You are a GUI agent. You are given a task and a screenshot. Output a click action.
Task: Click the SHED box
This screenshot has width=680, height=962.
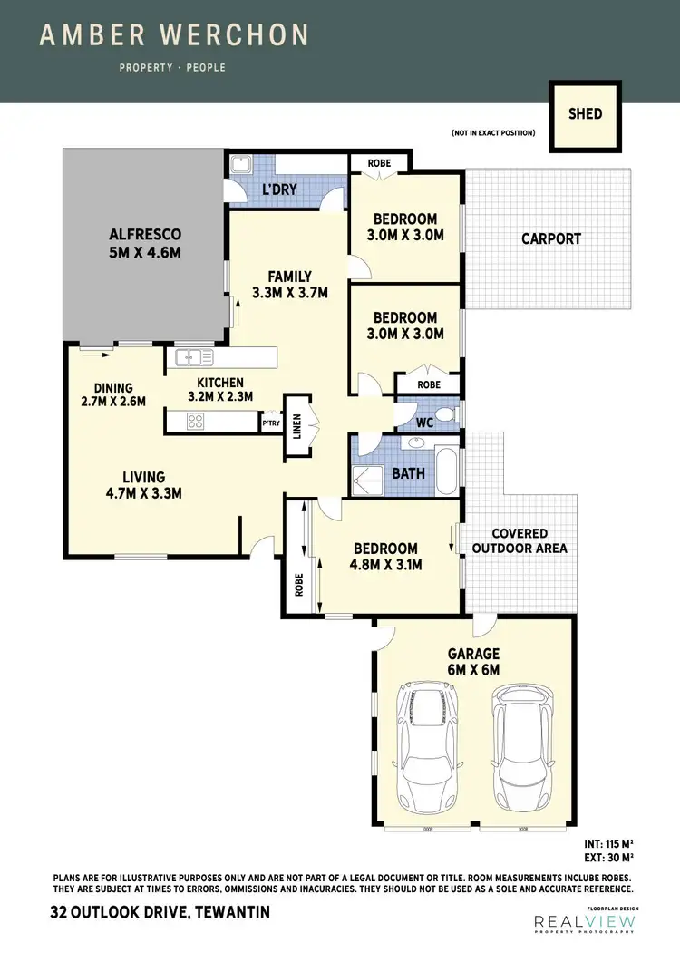coord(585,115)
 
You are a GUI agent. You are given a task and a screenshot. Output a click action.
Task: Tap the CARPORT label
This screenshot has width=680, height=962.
coord(551,239)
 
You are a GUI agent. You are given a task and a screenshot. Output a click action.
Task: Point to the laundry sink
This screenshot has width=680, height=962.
coord(240,166)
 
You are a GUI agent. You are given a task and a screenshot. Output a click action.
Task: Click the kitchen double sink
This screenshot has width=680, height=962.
coord(194,357)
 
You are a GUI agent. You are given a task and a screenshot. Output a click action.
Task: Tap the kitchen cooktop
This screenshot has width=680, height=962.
coord(195,421)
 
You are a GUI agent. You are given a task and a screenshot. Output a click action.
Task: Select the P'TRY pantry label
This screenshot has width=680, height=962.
coord(270,423)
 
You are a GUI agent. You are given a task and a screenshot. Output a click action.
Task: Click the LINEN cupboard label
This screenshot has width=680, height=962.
coord(297,424)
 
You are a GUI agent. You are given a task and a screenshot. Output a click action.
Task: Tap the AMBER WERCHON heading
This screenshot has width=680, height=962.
coord(174,36)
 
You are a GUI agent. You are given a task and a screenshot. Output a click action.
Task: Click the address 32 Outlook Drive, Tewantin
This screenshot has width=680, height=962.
coord(161,915)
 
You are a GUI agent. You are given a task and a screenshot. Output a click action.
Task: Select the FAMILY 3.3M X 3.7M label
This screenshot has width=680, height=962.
coord(289,285)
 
